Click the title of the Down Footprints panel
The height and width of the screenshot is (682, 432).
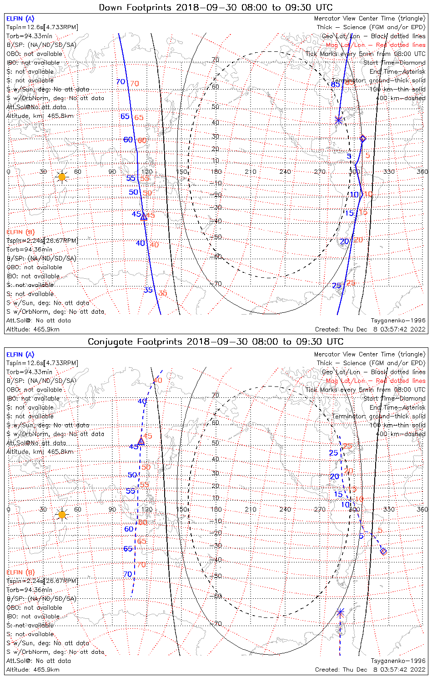(216, 7)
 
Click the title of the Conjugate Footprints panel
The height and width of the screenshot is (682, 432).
(216, 341)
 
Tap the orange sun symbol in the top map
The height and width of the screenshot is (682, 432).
(62, 176)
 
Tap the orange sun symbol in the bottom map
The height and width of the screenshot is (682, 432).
(62, 515)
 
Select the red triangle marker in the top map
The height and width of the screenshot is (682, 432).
(144, 217)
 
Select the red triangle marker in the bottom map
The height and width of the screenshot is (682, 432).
(141, 441)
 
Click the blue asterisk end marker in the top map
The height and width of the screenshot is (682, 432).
(338, 120)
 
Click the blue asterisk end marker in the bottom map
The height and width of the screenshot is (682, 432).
(340, 612)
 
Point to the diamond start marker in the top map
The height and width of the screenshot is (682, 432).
(362, 138)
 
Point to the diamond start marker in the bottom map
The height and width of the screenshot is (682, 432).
(383, 552)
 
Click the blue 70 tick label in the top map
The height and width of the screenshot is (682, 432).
(121, 82)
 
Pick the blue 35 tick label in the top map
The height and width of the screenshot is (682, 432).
(148, 290)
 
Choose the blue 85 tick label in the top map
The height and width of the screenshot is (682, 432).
(335, 85)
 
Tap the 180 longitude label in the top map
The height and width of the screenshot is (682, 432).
(216, 172)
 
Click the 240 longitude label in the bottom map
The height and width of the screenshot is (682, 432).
(285, 509)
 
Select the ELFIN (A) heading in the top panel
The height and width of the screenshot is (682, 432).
(20, 19)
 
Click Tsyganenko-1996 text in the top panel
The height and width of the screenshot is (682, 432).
(398, 321)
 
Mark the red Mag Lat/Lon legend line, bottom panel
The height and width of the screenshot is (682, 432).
(376, 381)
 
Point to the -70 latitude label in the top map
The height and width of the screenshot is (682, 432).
(216, 284)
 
